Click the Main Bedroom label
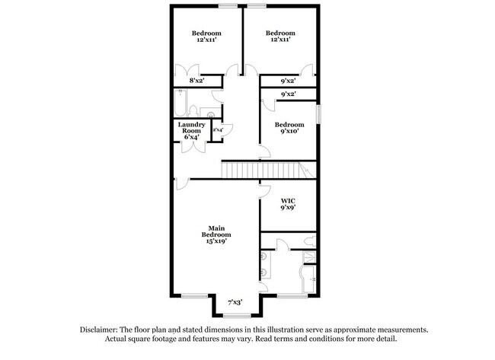(216, 231)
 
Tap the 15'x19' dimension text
(216, 242)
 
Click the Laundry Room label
(190, 127)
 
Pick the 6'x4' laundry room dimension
(190, 137)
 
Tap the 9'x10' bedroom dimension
(289, 132)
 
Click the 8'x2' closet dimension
(196, 79)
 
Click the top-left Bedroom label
(206, 33)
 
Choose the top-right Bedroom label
(280, 33)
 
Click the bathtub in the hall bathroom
(180, 103)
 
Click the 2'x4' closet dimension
(217, 130)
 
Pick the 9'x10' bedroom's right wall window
(319, 113)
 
